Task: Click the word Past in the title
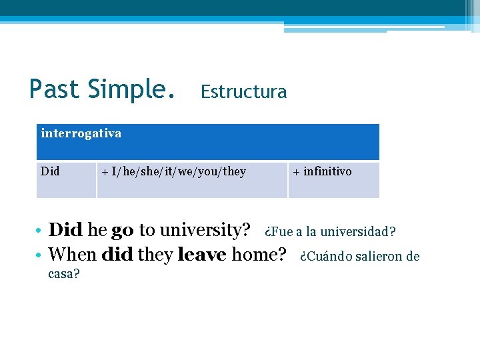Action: tap(55, 89)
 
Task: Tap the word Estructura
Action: tap(243, 92)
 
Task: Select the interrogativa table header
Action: tap(81, 133)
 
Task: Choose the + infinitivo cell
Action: tap(322, 172)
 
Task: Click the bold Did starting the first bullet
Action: tap(65, 231)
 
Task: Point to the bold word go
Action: tap(122, 231)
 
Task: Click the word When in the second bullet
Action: tap(73, 254)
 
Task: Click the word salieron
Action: tap(378, 256)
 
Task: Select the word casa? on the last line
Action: tap(64, 275)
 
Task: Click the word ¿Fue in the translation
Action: tap(278, 232)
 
